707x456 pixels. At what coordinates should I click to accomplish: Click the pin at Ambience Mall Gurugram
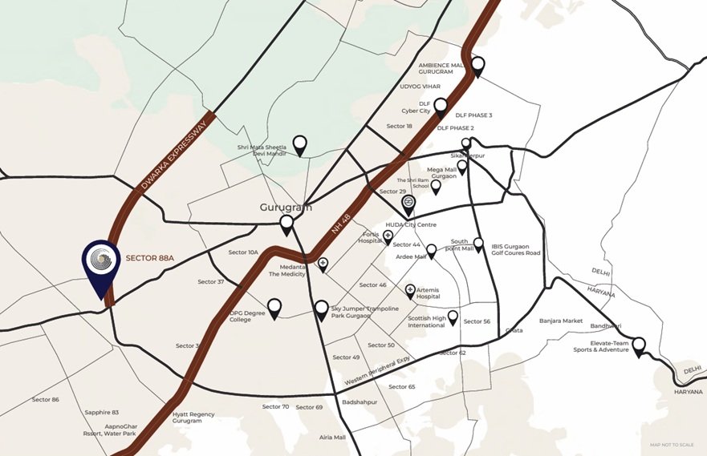point(478,67)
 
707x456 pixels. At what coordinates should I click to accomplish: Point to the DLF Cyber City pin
point(441,106)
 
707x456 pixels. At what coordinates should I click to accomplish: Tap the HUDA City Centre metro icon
point(408,204)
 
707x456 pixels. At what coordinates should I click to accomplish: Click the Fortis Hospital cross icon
point(388,236)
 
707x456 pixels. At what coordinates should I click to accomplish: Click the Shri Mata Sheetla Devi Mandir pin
point(299,144)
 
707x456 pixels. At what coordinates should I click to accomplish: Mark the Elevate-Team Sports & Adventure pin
point(640,347)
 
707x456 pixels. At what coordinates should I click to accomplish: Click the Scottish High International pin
point(453,317)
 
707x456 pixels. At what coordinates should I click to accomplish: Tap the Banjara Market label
point(561,321)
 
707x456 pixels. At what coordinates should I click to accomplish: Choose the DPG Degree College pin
point(274,307)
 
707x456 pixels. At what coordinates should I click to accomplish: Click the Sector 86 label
point(45,399)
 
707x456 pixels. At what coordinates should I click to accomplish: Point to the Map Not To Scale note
point(672,445)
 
